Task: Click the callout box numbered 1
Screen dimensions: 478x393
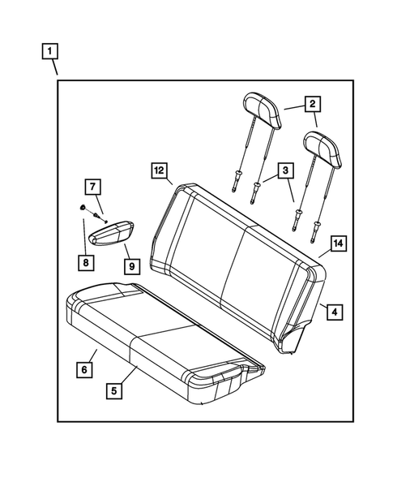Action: pyautogui.click(x=50, y=53)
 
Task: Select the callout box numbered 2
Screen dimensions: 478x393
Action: pyautogui.click(x=311, y=103)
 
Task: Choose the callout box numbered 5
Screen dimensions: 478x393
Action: pyautogui.click(x=117, y=389)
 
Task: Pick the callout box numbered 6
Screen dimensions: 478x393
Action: pyautogui.click(x=83, y=369)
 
